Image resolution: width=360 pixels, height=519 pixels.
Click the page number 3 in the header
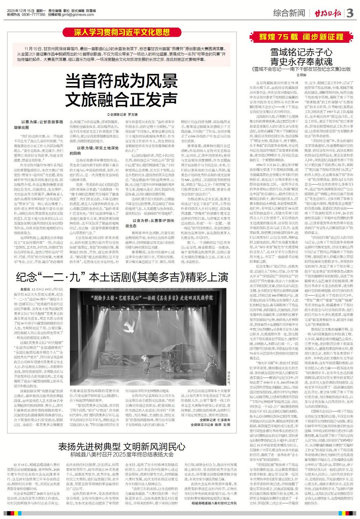351,13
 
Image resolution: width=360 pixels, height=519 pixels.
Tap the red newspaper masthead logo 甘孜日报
326,13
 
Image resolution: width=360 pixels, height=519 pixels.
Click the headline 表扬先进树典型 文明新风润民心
122,447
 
